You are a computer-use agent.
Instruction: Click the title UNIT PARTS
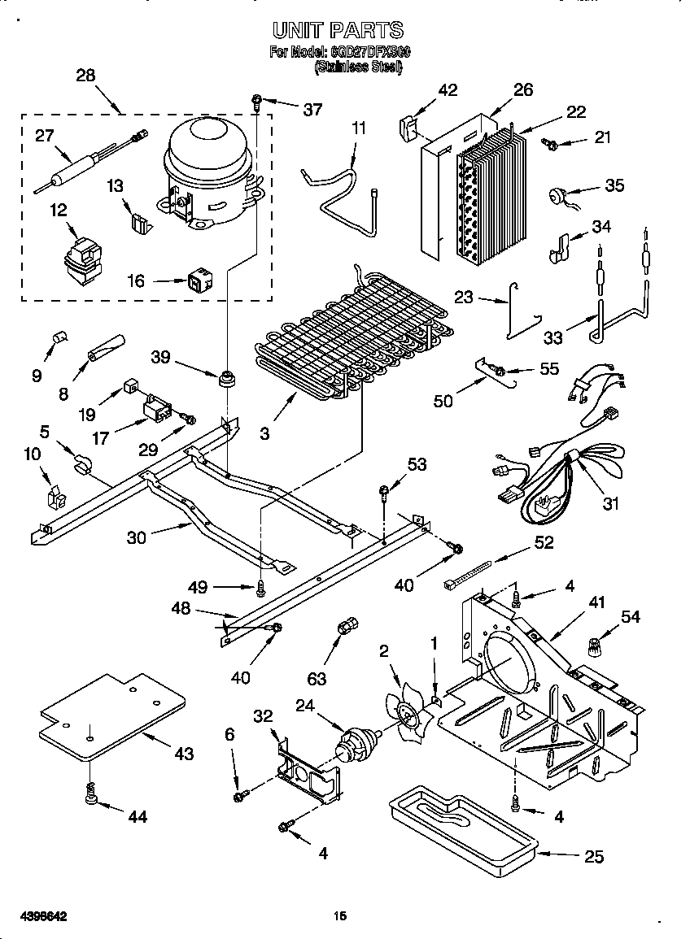(x=337, y=31)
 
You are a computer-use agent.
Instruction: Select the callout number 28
(x=85, y=76)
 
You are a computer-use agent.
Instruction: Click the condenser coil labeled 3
(x=350, y=333)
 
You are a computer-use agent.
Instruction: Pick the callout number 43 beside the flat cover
(x=184, y=754)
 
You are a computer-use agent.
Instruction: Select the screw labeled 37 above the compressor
(x=255, y=102)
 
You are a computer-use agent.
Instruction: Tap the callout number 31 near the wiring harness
(x=610, y=504)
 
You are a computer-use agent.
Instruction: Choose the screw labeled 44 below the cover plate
(x=90, y=796)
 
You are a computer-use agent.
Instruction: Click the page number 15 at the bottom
(x=340, y=916)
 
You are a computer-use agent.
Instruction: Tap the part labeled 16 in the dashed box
(x=198, y=281)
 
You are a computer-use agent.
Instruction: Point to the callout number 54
(x=630, y=617)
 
